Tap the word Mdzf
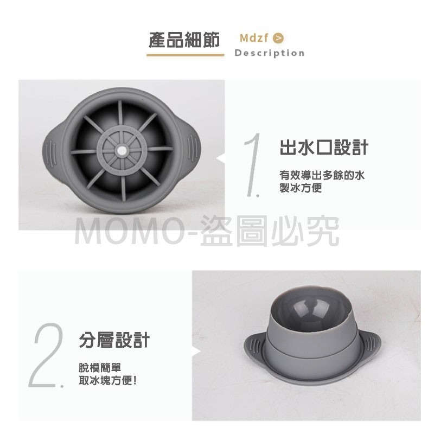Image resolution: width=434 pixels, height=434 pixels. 254,38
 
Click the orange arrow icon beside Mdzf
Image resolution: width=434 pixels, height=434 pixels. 279,38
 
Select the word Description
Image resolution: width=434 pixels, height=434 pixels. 269,53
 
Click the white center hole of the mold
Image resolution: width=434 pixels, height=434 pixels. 123,150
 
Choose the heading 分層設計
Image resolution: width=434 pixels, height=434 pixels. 114,341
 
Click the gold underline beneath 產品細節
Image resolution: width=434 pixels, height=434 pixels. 186,54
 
